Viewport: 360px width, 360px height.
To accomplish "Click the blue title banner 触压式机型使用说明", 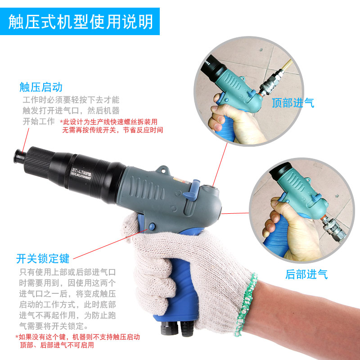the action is [80, 21].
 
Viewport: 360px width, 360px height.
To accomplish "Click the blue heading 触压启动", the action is [41, 87].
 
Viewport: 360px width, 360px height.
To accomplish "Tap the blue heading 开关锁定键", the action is [43, 258].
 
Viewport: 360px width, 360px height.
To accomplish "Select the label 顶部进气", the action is [293, 103].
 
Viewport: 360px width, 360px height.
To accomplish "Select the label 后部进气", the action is [306, 274].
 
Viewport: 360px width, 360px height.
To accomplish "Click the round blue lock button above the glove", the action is [152, 227].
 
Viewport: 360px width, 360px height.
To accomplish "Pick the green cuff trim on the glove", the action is [246, 303].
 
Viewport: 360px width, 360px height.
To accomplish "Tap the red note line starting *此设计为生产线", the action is [108, 122].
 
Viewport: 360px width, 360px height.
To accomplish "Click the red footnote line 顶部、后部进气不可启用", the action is [57, 345].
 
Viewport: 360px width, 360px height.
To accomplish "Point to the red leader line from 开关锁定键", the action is [111, 244].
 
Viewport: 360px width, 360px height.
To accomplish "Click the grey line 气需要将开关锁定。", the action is [54, 326].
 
